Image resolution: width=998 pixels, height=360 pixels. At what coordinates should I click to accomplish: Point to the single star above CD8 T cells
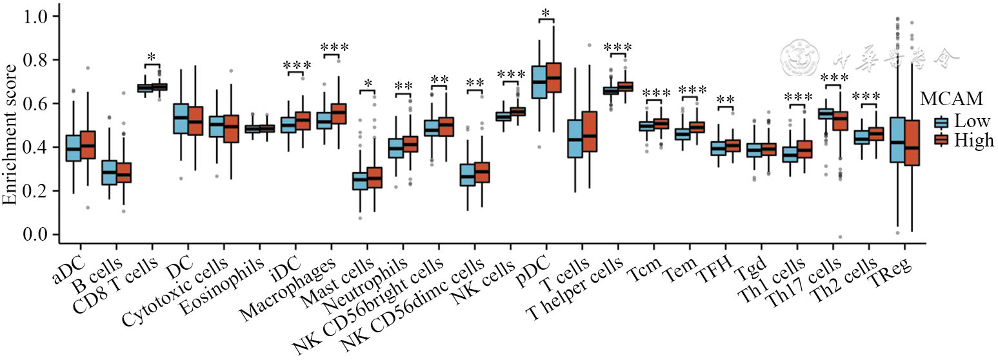(x=151, y=58)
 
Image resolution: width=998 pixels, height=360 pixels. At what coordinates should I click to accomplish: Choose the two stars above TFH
(x=725, y=100)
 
